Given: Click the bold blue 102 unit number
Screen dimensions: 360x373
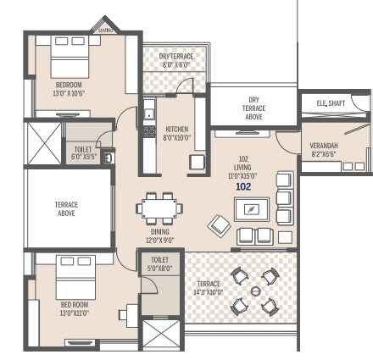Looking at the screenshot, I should [x=243, y=186].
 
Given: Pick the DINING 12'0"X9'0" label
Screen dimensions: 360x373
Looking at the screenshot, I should [x=159, y=235].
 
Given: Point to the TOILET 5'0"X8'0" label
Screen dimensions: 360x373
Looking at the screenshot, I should [x=160, y=264].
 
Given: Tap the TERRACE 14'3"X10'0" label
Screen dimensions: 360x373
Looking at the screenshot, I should [x=208, y=288].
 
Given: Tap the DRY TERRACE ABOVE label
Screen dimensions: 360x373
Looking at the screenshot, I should [x=253, y=108].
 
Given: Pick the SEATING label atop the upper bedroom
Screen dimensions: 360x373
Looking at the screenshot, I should [x=106, y=28].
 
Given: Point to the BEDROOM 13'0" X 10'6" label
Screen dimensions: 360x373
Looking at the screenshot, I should [x=70, y=89].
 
